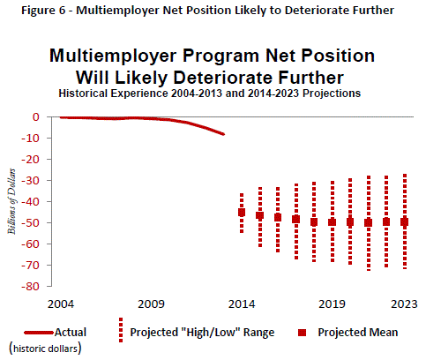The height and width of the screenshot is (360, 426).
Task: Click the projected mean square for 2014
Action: click(242, 213)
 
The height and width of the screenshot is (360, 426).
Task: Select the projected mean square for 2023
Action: click(405, 222)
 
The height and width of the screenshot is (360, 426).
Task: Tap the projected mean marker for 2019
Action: click(333, 222)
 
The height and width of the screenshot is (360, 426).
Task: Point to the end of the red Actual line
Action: click(224, 134)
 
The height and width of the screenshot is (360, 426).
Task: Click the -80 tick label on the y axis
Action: click(30, 287)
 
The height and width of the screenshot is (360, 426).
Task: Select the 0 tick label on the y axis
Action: click(36, 117)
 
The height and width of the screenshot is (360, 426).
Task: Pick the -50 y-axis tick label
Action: click(30, 223)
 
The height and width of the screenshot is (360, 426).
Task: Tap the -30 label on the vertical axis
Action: click(30, 181)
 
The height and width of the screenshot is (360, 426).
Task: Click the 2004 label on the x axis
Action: click(61, 304)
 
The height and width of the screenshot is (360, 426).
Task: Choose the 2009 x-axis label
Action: click(151, 304)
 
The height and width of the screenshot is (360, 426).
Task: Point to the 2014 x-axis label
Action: click(242, 304)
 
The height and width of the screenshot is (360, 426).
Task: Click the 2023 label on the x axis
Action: click(404, 304)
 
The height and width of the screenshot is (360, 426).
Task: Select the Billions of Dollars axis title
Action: click(11, 201)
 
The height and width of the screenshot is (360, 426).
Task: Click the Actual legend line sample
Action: click(39, 333)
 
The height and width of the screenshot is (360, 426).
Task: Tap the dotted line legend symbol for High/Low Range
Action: click(121, 330)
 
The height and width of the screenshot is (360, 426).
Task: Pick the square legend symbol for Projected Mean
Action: click(303, 333)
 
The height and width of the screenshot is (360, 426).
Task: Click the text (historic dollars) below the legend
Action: click(45, 349)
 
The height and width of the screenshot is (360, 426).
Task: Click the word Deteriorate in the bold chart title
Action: click(223, 78)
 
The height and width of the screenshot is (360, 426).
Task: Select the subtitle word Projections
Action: click(332, 94)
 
